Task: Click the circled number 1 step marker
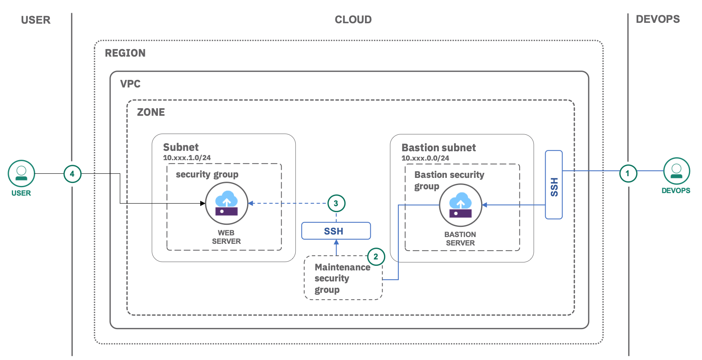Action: [x=628, y=173]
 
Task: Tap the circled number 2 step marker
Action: [x=376, y=256]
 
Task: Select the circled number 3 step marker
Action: [x=336, y=203]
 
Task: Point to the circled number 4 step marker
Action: [x=72, y=174]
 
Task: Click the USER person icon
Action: [x=21, y=173]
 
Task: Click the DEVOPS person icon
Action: [x=676, y=171]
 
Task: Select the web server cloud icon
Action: [x=226, y=203]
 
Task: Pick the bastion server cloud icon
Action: [x=460, y=205]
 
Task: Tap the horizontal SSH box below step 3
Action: [x=336, y=231]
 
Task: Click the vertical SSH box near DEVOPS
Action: [x=554, y=185]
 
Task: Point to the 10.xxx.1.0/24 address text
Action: [x=187, y=158]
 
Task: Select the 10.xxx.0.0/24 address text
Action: [x=425, y=158]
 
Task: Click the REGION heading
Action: [x=125, y=53]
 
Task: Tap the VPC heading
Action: [x=130, y=84]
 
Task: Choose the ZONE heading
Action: [x=151, y=112]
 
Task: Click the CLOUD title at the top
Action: [x=353, y=20]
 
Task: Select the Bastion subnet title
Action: [x=438, y=147]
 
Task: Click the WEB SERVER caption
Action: [x=226, y=237]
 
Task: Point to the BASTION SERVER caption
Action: [x=460, y=239]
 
